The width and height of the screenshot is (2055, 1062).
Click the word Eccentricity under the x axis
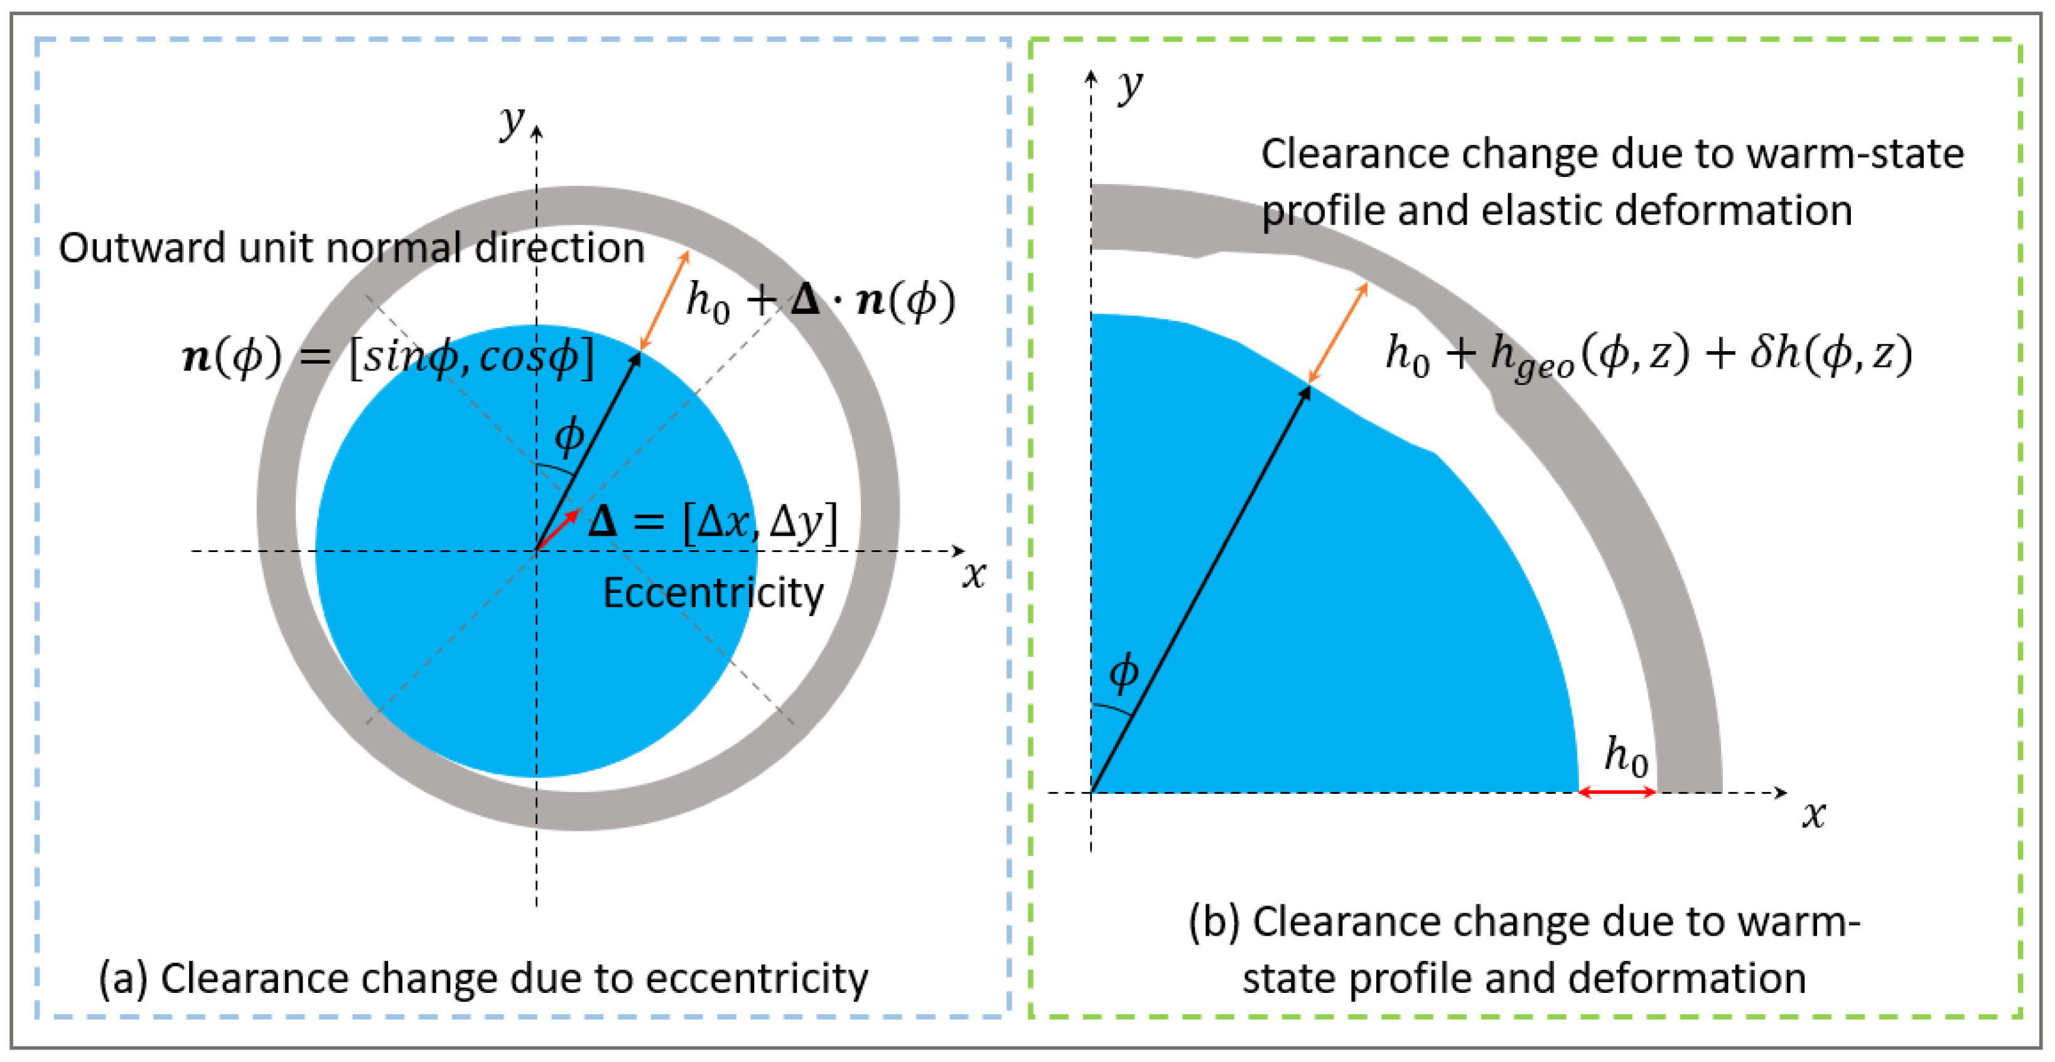[713, 593]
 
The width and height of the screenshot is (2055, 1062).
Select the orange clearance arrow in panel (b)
[1338, 333]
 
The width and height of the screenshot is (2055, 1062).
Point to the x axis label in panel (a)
[973, 575]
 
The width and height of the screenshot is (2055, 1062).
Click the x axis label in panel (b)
[1814, 815]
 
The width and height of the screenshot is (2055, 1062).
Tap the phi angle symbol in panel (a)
[569, 436]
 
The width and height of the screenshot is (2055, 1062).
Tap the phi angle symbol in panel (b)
[1124, 673]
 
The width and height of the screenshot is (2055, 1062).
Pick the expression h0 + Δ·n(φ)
[820, 301]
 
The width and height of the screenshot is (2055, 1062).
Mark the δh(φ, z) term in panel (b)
[1831, 353]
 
